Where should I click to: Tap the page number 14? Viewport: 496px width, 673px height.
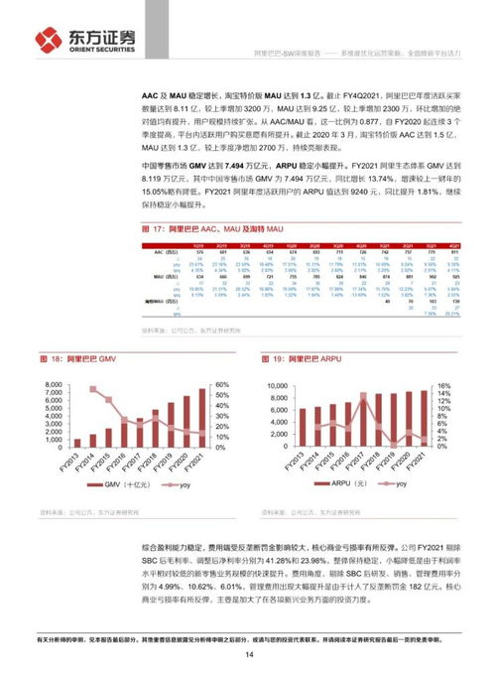tap(248, 654)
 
